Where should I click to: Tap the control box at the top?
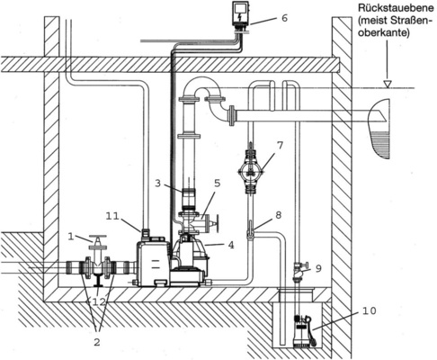(241, 15)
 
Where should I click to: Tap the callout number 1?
(70, 237)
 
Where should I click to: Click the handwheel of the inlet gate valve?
(95, 239)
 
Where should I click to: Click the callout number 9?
(317, 267)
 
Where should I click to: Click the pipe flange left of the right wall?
(235, 115)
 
